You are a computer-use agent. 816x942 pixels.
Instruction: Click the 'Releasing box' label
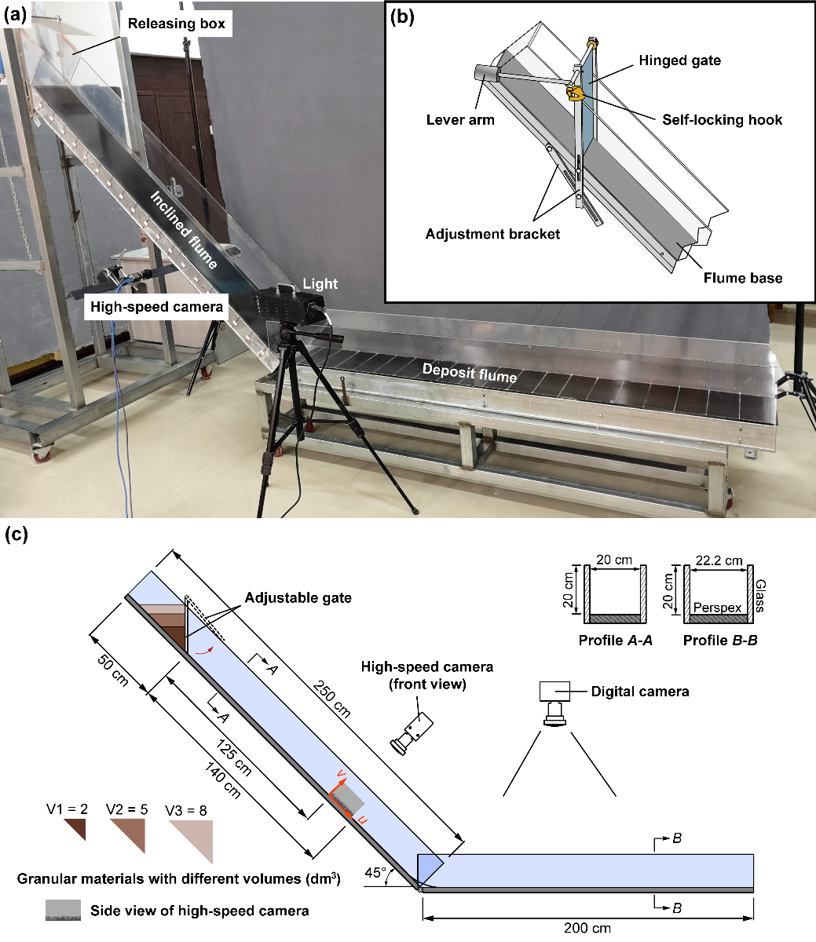(177, 24)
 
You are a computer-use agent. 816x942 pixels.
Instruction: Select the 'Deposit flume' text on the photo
(470, 373)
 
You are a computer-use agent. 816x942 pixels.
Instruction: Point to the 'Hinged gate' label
(679, 60)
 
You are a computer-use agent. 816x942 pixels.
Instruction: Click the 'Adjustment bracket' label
(492, 234)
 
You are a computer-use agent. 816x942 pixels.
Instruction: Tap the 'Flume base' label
(742, 277)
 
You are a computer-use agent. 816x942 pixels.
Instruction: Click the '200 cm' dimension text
(587, 929)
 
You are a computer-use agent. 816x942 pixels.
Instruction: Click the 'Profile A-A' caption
(616, 640)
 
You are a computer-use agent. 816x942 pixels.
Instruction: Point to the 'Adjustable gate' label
(298, 597)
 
